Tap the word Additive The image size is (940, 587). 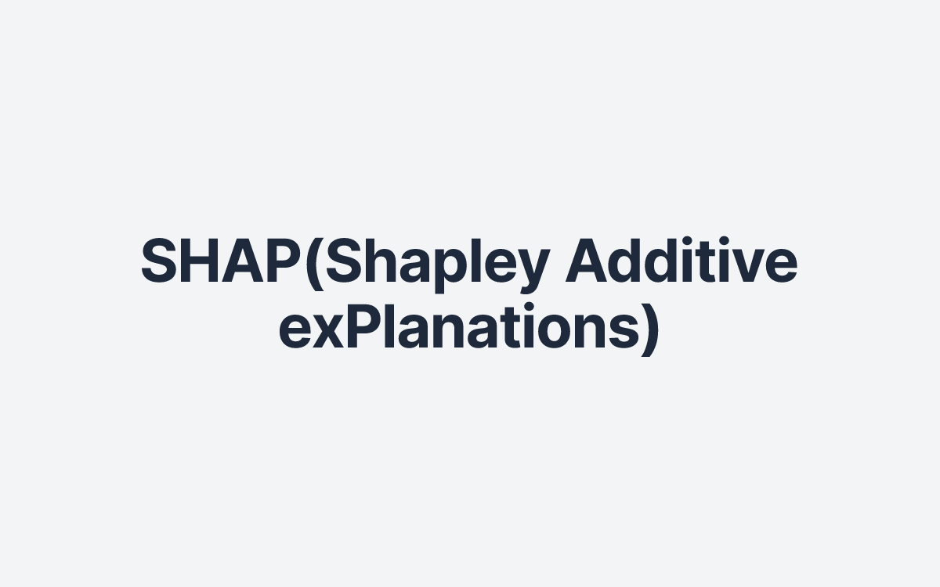(681, 262)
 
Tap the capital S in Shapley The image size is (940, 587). (345, 262)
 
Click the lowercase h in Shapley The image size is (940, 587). (381, 262)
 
